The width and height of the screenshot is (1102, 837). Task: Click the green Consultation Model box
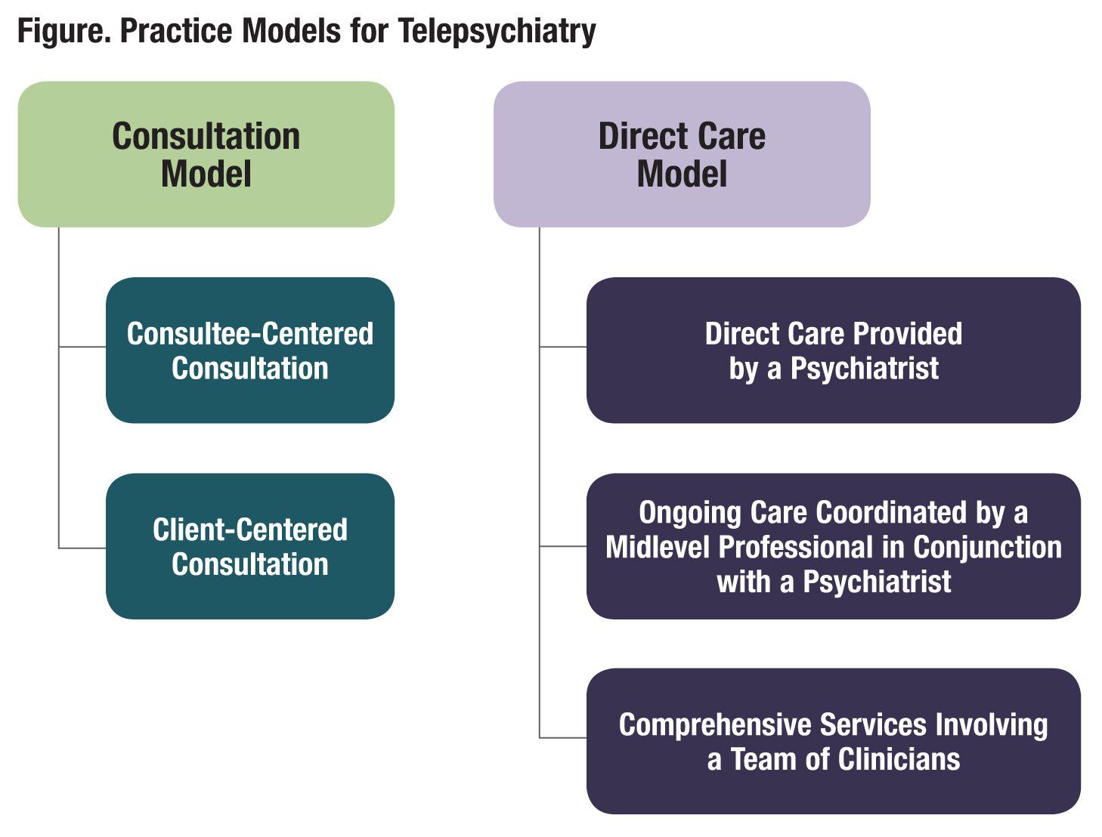[206, 154]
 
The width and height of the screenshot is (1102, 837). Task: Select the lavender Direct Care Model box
[681, 154]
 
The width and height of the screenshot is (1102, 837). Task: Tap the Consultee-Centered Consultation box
[249, 350]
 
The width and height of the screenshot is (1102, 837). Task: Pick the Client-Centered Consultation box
[249, 546]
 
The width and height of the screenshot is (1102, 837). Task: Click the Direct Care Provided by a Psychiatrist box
[833, 350]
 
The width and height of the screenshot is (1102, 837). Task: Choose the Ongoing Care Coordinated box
[833, 546]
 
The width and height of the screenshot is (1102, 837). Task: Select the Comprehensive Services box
[833, 741]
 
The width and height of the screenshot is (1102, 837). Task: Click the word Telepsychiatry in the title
[497, 32]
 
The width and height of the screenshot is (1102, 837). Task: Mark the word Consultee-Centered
[249, 333]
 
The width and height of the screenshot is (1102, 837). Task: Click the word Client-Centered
[249, 530]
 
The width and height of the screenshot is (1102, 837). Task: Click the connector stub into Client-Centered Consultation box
[82, 548]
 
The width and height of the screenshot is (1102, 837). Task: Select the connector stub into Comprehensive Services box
[563, 737]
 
